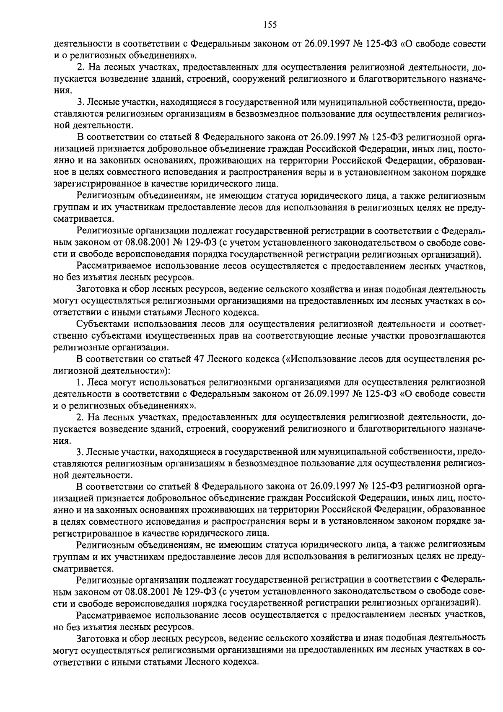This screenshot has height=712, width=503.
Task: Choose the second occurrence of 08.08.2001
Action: pos(145,591)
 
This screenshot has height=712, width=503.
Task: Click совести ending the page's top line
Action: pos(470,44)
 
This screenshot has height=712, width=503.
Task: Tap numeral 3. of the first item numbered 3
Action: pos(80,102)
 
